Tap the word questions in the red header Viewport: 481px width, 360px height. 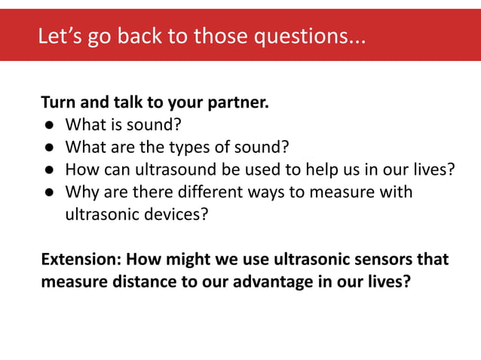click(x=307, y=35)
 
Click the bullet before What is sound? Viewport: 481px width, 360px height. click(x=47, y=124)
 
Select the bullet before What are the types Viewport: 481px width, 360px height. click(x=47, y=147)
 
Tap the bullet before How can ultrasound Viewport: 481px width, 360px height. click(x=47, y=169)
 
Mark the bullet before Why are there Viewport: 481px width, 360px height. click(x=47, y=192)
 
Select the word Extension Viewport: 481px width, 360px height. click(x=80, y=260)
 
